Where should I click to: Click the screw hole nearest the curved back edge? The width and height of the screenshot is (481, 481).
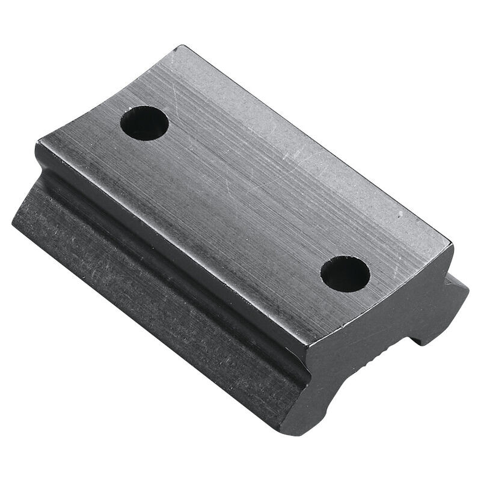click(x=144, y=123)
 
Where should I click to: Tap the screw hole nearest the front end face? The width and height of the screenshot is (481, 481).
click(x=345, y=274)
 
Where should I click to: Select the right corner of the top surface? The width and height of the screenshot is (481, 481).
click(x=452, y=244)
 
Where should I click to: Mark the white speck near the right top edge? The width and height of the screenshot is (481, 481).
click(x=400, y=215)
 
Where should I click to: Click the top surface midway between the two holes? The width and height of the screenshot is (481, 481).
click(x=247, y=198)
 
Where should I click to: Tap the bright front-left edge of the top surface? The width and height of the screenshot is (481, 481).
click(x=174, y=240)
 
